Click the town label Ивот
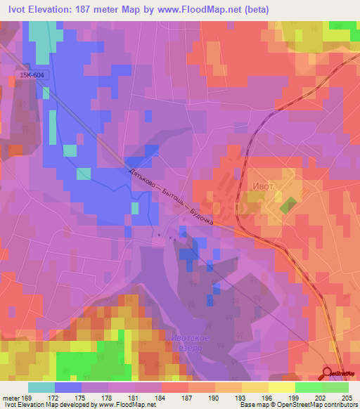coord(259,186)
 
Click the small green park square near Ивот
coord(288,207)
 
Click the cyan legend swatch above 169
coord(41,387)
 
